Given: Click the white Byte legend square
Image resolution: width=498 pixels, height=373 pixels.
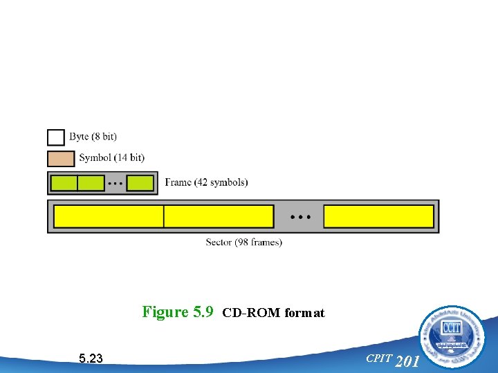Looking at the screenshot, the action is [56, 137].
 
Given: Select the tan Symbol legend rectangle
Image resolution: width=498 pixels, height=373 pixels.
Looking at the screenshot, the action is [61, 158].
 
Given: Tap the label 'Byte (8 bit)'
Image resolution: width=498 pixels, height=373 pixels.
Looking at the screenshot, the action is [93, 137].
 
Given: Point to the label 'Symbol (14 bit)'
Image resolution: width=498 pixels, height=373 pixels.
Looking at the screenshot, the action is [111, 158].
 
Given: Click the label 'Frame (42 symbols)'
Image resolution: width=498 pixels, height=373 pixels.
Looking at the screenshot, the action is [206, 182].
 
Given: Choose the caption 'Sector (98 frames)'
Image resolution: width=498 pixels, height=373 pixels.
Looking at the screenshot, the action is [244, 242].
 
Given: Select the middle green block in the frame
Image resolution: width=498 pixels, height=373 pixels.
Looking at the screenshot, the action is [91, 183].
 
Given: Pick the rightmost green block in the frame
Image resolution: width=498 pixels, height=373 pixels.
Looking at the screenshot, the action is [140, 183].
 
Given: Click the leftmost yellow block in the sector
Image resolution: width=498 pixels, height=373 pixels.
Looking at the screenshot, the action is [109, 216].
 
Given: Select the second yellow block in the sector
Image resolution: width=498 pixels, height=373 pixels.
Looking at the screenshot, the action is [219, 216].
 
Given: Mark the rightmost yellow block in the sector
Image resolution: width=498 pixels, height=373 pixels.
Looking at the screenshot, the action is [378, 216].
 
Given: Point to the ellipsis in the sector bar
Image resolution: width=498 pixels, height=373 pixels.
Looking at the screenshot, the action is [299, 217].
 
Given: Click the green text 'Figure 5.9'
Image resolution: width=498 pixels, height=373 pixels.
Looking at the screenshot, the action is [178, 312].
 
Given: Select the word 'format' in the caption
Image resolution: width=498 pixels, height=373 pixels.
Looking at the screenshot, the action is [304, 313].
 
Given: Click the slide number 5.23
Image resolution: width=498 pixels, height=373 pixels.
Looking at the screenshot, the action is [91, 358].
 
